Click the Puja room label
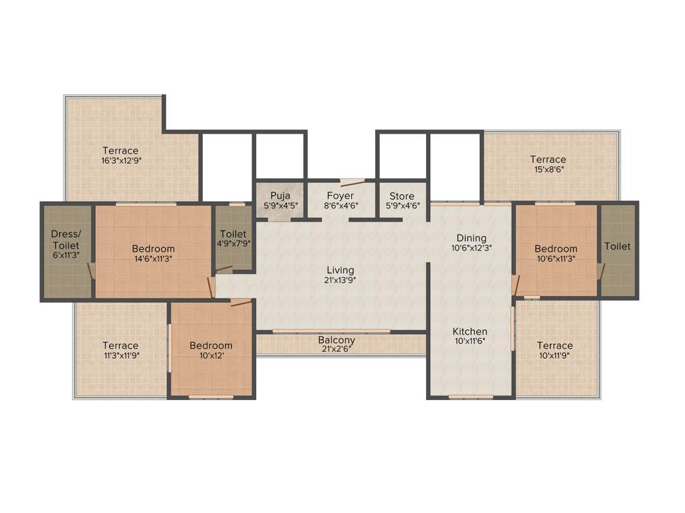[280, 196]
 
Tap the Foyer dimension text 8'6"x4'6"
[340, 206]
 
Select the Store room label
[402, 196]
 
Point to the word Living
[340, 270]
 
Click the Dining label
[472, 238]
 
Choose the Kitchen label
[470, 331]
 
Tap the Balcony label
[336, 340]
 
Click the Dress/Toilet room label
[66, 240]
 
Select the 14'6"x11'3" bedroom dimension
[153, 259]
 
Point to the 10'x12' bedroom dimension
[211, 355]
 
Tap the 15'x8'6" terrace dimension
[548, 170]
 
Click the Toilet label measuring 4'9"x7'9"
[233, 244]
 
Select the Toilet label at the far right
[617, 246]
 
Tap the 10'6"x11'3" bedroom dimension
[556, 259]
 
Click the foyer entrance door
[352, 182]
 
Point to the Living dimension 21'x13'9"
[340, 280]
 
